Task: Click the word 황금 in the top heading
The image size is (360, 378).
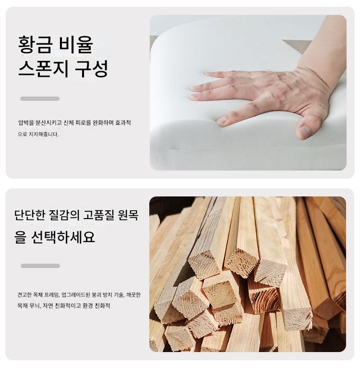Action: tap(35, 45)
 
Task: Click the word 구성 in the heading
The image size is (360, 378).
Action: tap(91, 69)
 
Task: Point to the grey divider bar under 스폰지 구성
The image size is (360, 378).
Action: tap(40, 98)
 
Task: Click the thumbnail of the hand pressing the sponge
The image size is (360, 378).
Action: tap(248, 93)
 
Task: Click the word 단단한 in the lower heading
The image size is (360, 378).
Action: tap(30, 215)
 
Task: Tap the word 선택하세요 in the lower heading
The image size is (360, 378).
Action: tap(63, 237)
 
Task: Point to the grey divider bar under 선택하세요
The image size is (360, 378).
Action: tap(40, 266)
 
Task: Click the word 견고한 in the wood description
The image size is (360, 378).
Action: tap(24, 294)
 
